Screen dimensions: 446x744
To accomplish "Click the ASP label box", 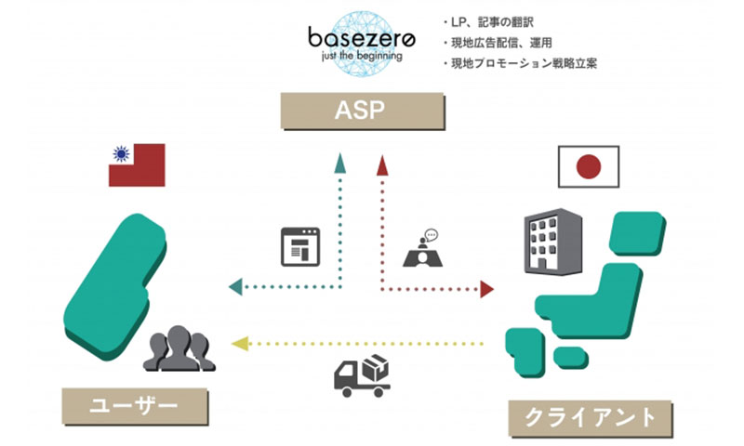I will click(x=364, y=113).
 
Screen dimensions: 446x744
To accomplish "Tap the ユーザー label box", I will click(x=134, y=405).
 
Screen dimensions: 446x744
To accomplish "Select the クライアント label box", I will click(x=589, y=415).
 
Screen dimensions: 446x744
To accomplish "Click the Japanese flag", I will click(x=588, y=167).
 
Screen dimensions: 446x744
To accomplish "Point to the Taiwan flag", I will click(x=137, y=165).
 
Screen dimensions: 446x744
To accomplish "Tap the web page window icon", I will click(x=299, y=247).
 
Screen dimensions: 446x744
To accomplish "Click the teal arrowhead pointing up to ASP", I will click(x=341, y=165).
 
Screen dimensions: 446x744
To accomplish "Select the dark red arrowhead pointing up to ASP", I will click(x=380, y=165).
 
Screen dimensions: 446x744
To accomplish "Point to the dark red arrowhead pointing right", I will click(x=485, y=289).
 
